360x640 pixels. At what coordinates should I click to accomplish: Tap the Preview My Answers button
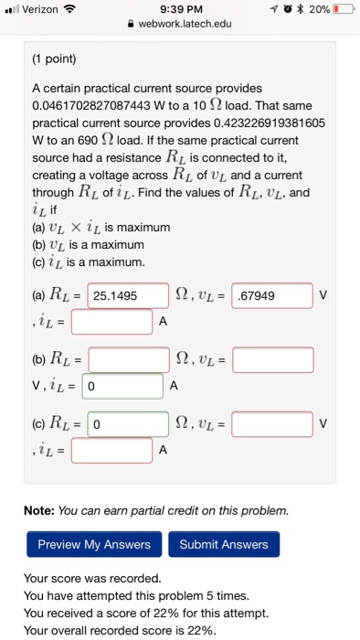[94, 545]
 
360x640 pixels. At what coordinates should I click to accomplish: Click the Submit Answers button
[224, 545]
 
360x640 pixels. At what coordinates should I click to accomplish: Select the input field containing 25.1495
[128, 296]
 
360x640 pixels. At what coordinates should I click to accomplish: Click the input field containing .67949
[272, 296]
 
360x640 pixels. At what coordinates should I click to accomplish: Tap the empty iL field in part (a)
[111, 322]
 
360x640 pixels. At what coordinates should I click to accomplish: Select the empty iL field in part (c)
[111, 450]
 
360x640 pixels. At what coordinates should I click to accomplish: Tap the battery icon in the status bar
[344, 9]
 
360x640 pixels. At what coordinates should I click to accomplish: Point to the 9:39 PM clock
[179, 9]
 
